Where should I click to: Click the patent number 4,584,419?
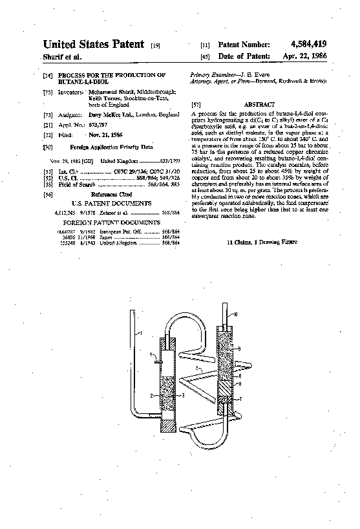pos(304,44)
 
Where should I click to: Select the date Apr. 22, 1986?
pos(305,56)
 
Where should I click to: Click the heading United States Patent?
pos(93,44)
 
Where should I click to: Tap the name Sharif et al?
pos(62,57)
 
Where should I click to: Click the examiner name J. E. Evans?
pos(248,75)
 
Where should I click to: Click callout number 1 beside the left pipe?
pos(140,332)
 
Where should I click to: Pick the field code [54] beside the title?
pos(47,76)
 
